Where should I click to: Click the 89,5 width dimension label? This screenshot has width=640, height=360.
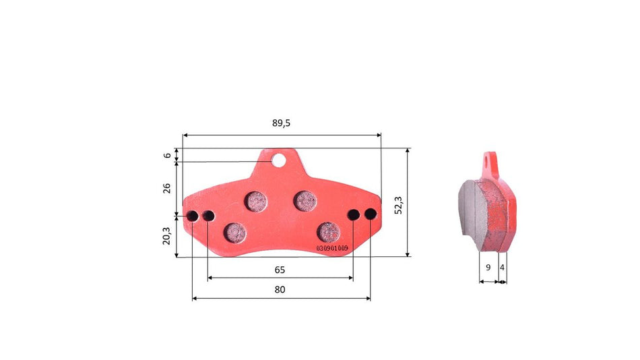(281, 123)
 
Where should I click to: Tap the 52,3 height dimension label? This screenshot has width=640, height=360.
(398, 205)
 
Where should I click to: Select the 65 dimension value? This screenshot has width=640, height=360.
(280, 270)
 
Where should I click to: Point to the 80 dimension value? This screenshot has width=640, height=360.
(280, 290)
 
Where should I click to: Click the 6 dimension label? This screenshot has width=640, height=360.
(167, 155)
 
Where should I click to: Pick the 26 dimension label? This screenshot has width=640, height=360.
(167, 188)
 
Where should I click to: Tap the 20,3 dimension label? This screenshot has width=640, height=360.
(166, 236)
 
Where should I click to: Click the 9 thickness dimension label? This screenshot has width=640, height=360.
(488, 268)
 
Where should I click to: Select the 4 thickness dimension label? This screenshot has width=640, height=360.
(502, 268)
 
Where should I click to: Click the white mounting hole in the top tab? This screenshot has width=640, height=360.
(279, 160)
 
